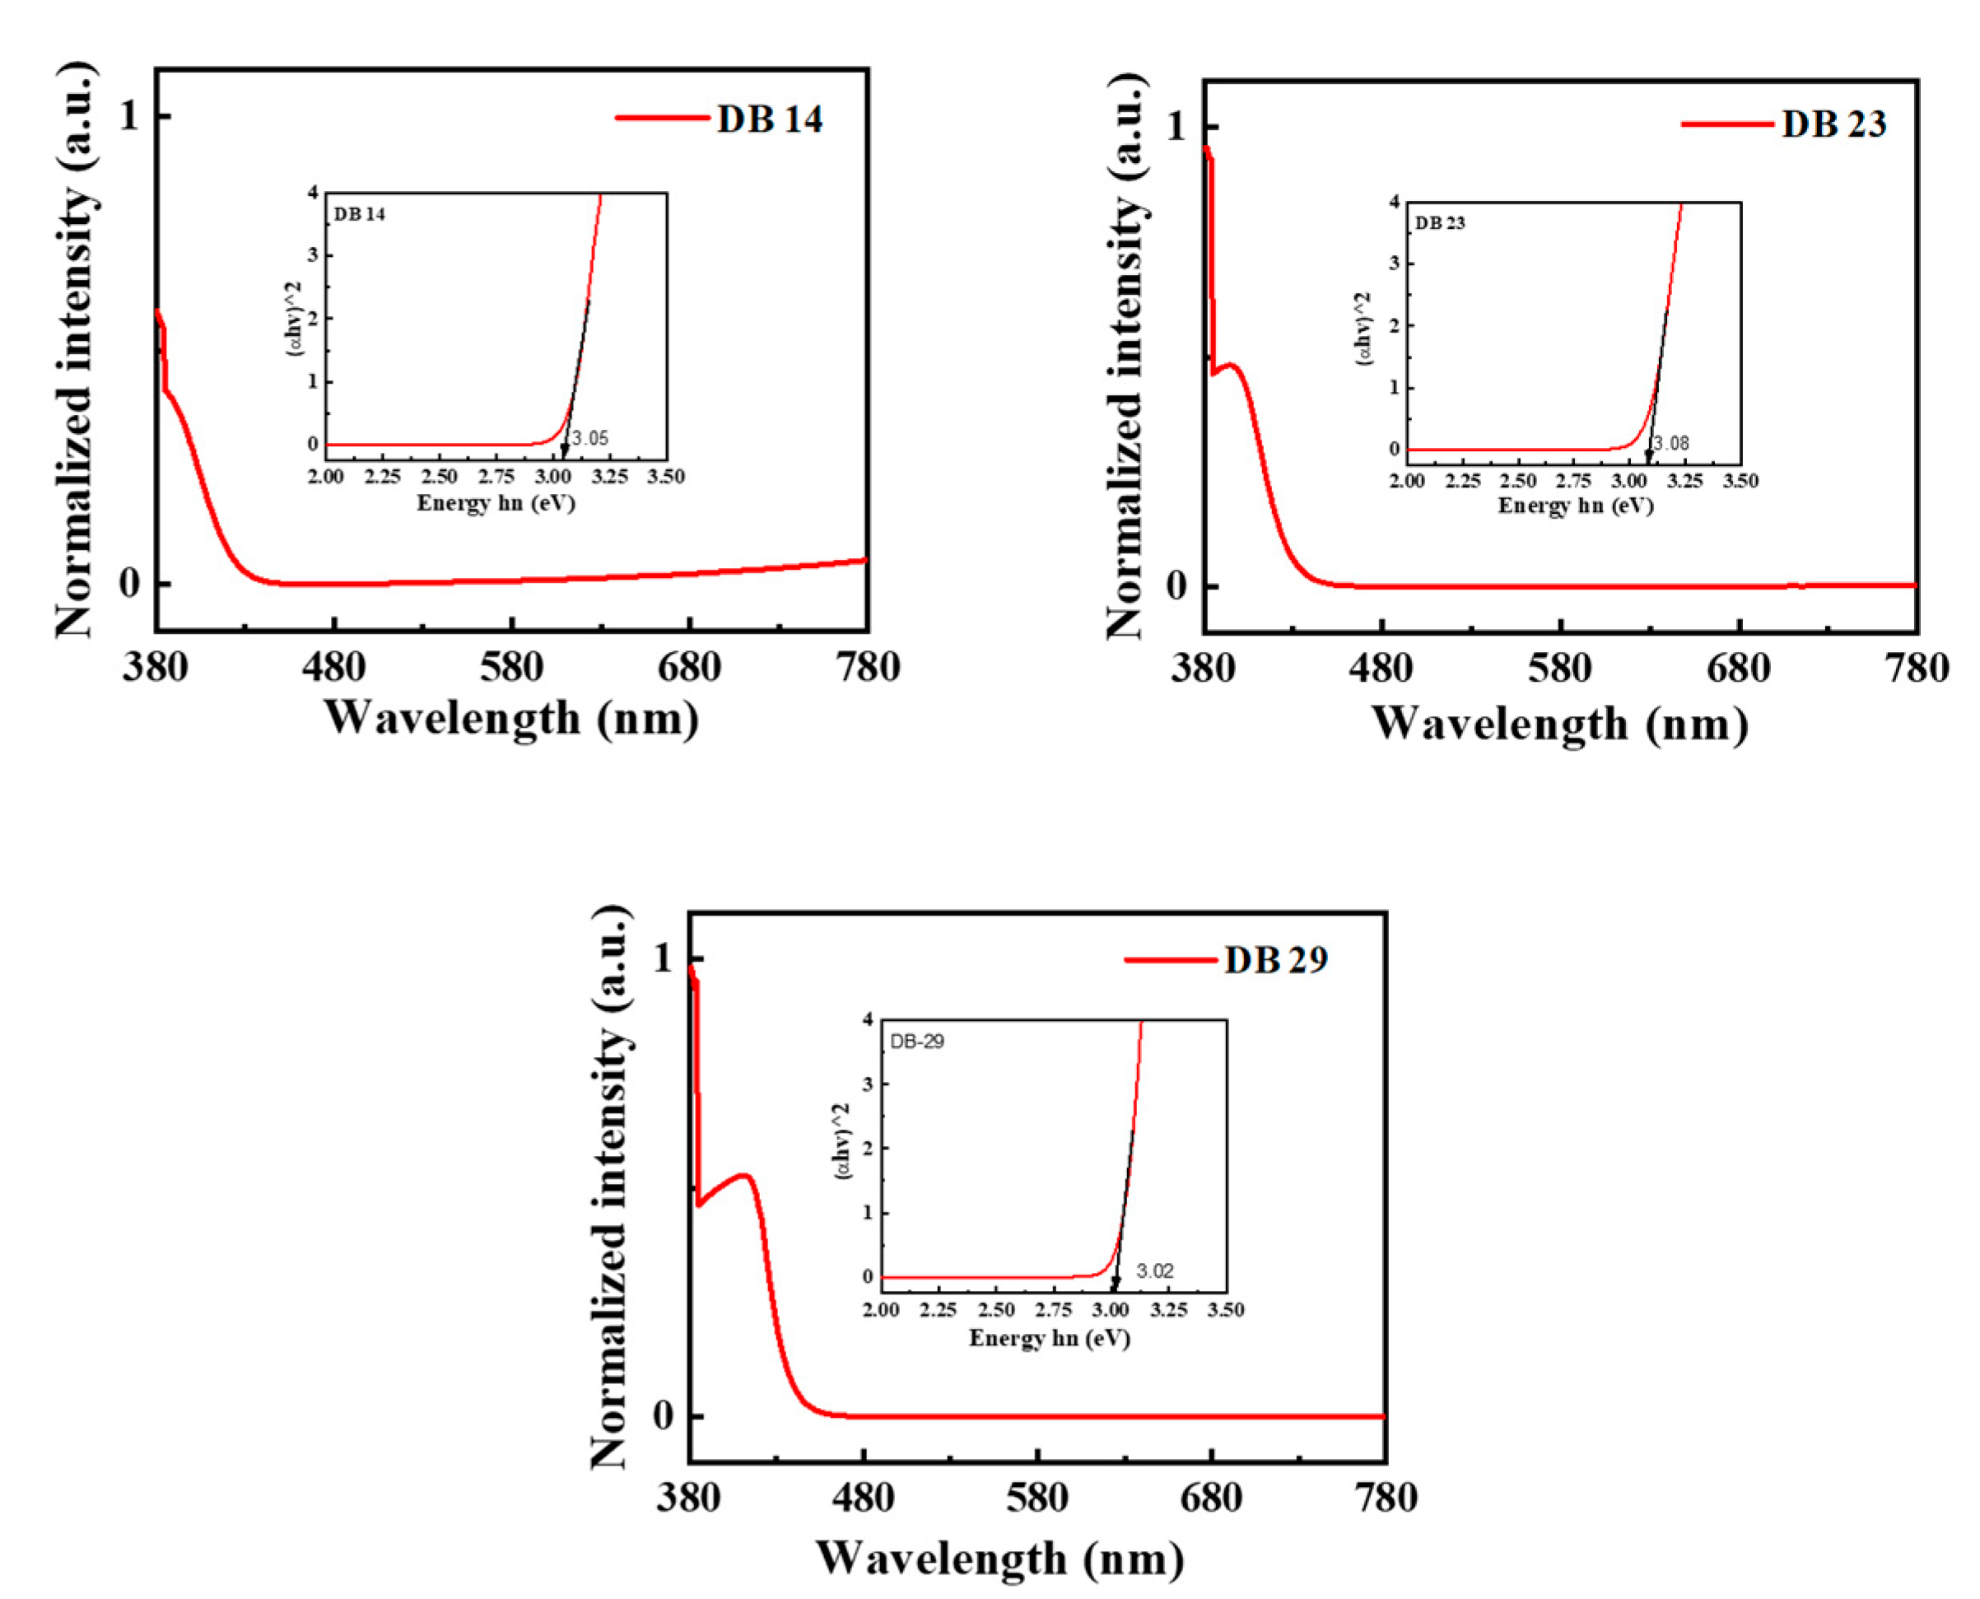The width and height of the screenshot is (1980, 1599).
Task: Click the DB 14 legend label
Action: pyautogui.click(x=769, y=119)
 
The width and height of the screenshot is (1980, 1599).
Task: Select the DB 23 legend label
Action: pyautogui.click(x=1833, y=124)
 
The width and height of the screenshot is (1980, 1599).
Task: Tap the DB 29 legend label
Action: pyautogui.click(x=1275, y=960)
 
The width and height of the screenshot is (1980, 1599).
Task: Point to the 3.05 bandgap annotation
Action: pyautogui.click(x=590, y=438)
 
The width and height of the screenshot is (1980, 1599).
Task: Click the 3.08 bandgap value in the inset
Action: pyautogui.click(x=1670, y=444)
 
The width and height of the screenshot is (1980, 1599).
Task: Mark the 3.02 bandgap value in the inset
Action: pyautogui.click(x=1154, y=1271)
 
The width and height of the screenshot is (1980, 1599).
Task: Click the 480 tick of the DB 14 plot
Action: pyautogui.click(x=333, y=667)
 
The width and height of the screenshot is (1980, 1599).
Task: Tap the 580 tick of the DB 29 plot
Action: pyautogui.click(x=1037, y=1498)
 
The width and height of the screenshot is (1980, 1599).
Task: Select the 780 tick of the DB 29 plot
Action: pyautogui.click(x=1385, y=1498)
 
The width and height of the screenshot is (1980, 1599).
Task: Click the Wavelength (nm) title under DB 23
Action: pyautogui.click(x=1559, y=724)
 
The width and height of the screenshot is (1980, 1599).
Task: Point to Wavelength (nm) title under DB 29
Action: pyautogui.click(x=999, y=1559)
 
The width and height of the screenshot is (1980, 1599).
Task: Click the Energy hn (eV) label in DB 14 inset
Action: pyautogui.click(x=496, y=503)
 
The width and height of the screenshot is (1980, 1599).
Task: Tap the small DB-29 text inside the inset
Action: pyautogui.click(x=916, y=1042)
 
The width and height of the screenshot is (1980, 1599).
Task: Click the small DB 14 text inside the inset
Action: pyautogui.click(x=359, y=215)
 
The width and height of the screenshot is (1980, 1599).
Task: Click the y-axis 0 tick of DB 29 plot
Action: pyautogui.click(x=663, y=1415)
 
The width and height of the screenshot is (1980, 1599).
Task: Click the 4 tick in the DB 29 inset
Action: pyautogui.click(x=868, y=1019)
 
